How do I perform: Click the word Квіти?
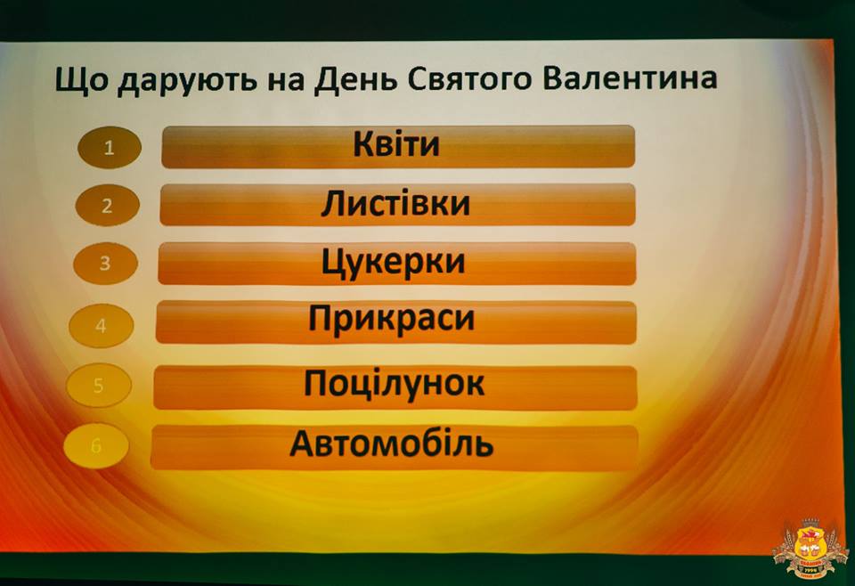[x=395, y=144]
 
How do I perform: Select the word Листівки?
[x=395, y=203]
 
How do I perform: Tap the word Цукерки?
[x=393, y=263]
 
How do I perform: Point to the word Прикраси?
[x=392, y=318]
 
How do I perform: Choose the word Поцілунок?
[x=395, y=383]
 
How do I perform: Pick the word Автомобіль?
[x=392, y=444]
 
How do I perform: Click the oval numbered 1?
[x=110, y=147]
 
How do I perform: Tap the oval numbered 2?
[x=108, y=206]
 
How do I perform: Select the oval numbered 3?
[x=105, y=264]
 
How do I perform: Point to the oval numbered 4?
[x=102, y=326]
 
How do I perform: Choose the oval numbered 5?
[x=99, y=386]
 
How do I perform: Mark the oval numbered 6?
[x=96, y=446]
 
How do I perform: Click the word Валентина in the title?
[x=630, y=78]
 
